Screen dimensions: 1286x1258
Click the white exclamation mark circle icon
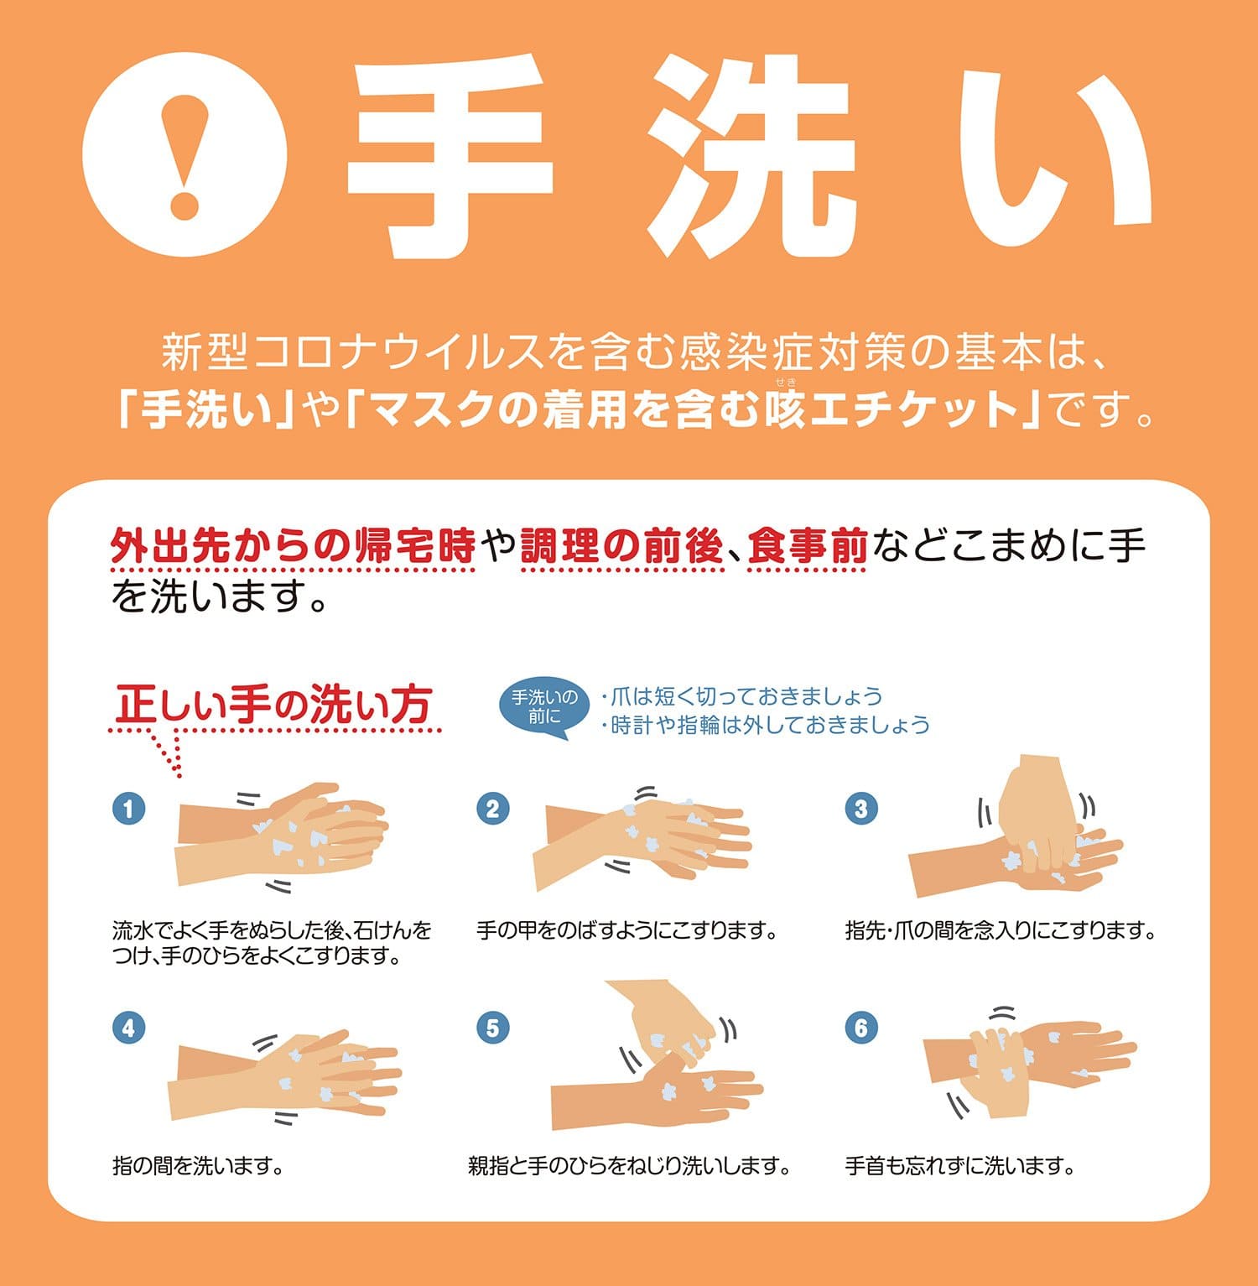[185, 155]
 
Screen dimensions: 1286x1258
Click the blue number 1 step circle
[128, 809]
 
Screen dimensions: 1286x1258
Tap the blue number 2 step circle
[492, 809]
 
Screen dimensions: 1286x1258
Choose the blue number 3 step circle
[860, 809]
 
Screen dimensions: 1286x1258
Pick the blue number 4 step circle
[128, 1028]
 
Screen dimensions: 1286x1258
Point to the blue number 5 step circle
[492, 1028]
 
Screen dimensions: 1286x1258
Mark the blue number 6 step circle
[860, 1028]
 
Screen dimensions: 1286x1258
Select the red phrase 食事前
[807, 547]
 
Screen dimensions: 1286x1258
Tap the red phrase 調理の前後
[621, 547]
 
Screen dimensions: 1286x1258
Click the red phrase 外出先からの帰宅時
[293, 547]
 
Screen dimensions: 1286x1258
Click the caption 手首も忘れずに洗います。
[959, 1165]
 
